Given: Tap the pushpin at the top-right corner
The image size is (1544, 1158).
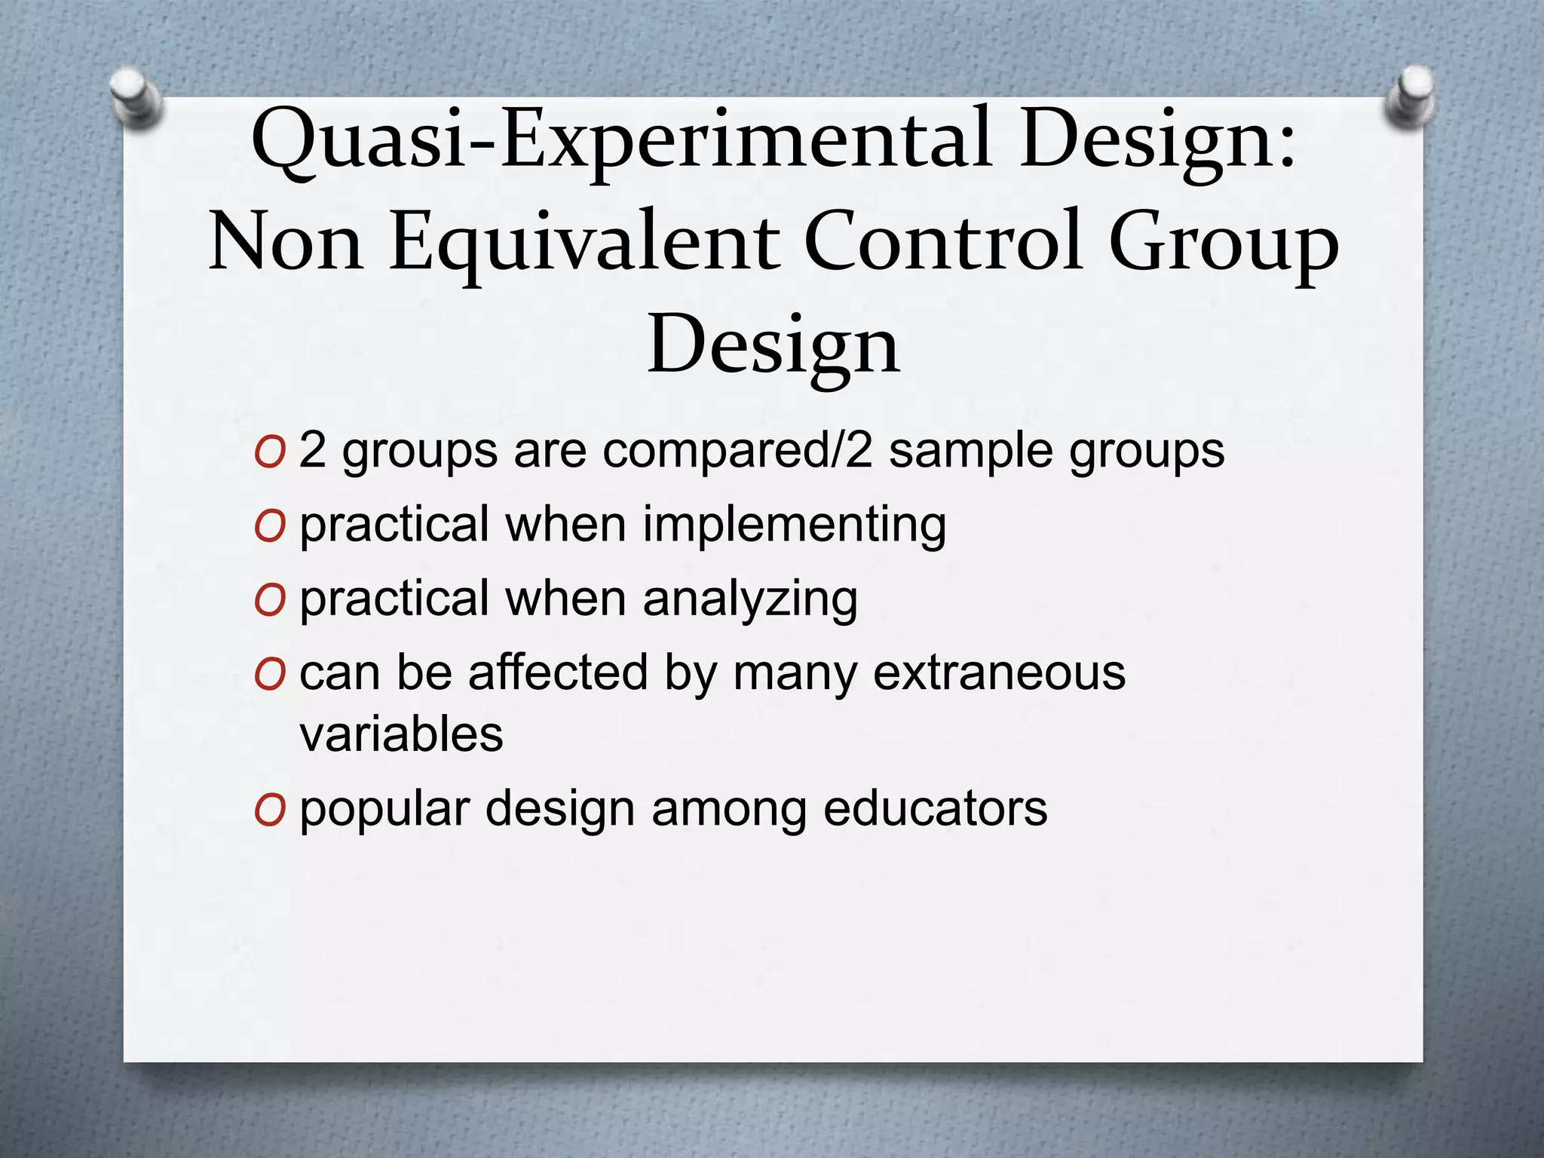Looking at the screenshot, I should pyautogui.click(x=1411, y=99).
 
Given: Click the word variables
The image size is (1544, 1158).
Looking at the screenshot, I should pyautogui.click(x=401, y=734).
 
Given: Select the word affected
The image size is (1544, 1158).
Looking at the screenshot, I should pyautogui.click(x=558, y=672).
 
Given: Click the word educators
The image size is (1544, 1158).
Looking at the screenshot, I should pyautogui.click(x=935, y=808).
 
